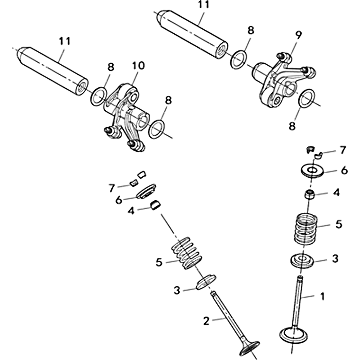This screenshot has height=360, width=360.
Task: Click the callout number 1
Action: coord(323,297)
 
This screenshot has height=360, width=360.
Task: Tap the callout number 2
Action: coord(207,321)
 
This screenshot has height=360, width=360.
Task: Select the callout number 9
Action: coord(298,35)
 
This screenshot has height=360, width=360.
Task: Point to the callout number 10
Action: coord(138,66)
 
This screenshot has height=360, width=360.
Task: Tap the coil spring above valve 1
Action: coord(306,229)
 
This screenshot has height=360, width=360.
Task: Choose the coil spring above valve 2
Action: coord(187,253)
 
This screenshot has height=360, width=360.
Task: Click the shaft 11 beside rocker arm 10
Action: coord(53,71)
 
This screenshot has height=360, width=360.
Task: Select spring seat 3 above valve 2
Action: coord(206,281)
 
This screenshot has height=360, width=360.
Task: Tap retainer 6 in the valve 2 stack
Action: coord(147,191)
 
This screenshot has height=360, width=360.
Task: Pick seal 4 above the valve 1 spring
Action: coord(309,194)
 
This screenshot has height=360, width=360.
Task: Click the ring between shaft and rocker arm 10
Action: coord(99,96)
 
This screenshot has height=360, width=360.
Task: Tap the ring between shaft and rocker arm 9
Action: coord(238,59)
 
